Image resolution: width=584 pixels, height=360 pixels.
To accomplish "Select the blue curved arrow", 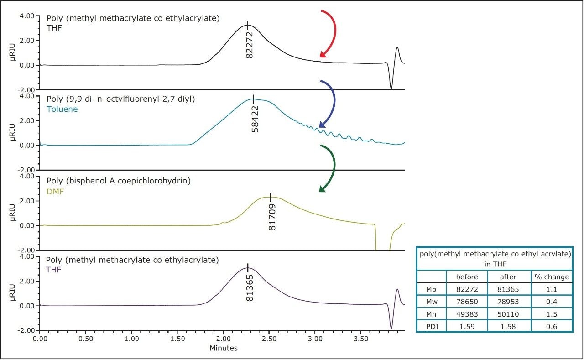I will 331,103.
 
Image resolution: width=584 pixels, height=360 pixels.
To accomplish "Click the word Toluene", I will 62,109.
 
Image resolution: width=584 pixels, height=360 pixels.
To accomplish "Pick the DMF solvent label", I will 55,192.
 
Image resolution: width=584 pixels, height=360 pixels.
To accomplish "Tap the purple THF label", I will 54,269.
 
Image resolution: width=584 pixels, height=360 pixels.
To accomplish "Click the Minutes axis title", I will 224,348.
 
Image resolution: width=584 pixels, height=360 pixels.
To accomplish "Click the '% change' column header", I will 552,277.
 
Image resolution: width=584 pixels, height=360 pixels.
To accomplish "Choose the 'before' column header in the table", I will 467,277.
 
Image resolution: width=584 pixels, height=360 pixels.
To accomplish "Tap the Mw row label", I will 431,301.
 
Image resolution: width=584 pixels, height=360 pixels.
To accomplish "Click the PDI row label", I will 431,325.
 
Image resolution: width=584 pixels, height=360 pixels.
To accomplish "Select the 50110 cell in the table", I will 509,313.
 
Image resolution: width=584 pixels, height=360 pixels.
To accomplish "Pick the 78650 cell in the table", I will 467,301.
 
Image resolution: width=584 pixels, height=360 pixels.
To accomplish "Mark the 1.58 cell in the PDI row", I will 509,325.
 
